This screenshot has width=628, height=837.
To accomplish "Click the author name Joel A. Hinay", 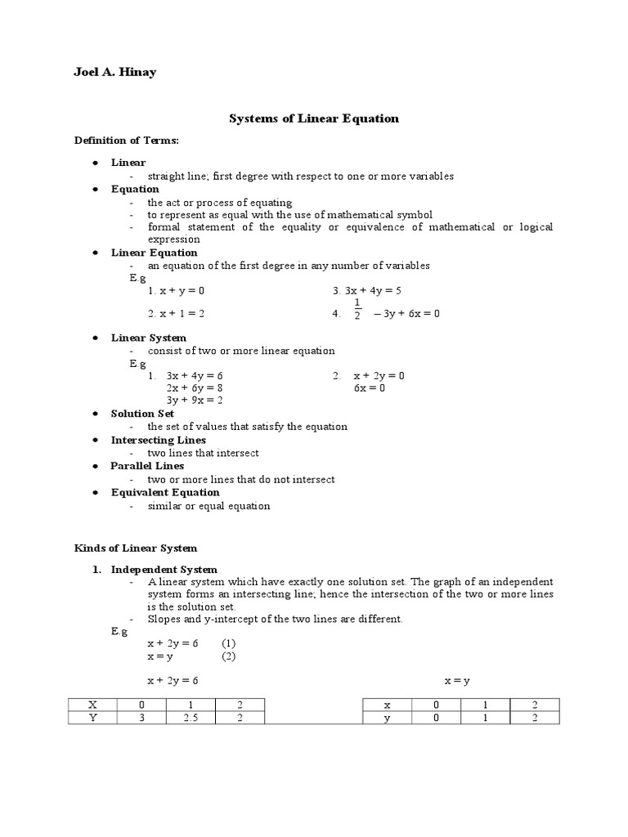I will tap(115, 73).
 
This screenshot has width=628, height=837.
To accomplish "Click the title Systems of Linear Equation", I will tap(313, 119).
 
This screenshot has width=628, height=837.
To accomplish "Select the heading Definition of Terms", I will tap(126, 141).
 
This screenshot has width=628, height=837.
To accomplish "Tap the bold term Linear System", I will tap(149, 338).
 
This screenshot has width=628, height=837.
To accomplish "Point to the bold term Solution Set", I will tap(142, 414).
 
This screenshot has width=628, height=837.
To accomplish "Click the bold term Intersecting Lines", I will tap(159, 440).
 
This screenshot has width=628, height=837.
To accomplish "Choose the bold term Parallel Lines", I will tap(147, 466).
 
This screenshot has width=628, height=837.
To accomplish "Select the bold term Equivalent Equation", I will tap(165, 492).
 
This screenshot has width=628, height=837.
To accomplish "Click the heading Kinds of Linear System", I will tap(136, 548).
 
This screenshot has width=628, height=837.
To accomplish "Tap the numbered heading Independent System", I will tap(164, 569).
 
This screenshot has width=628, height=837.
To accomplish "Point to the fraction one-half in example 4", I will tap(357, 309).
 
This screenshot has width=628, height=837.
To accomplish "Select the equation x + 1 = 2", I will tap(176, 313).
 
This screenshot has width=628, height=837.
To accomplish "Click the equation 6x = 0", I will tap(370, 387).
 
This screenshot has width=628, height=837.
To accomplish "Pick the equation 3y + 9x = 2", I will tap(195, 401).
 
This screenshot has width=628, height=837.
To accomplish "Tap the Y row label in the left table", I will tap(92, 718).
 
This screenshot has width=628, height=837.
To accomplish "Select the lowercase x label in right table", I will tap(387, 705).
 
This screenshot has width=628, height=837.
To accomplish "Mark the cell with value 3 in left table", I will tap(141, 718).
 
